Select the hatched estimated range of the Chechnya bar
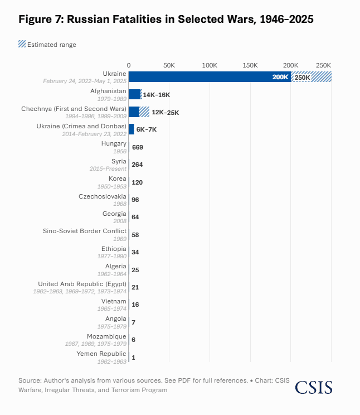click(x=144, y=112)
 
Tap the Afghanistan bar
click(x=135, y=95)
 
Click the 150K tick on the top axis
click(x=250, y=65)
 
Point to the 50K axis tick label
click(x=169, y=65)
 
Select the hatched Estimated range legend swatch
click(x=22, y=44)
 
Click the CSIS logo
click(x=314, y=387)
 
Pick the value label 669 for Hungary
click(x=138, y=147)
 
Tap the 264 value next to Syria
click(x=138, y=165)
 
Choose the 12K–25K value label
click(x=166, y=112)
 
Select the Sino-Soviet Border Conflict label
click(x=85, y=231)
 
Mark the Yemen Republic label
click(x=101, y=354)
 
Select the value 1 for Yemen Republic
click(x=133, y=357)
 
